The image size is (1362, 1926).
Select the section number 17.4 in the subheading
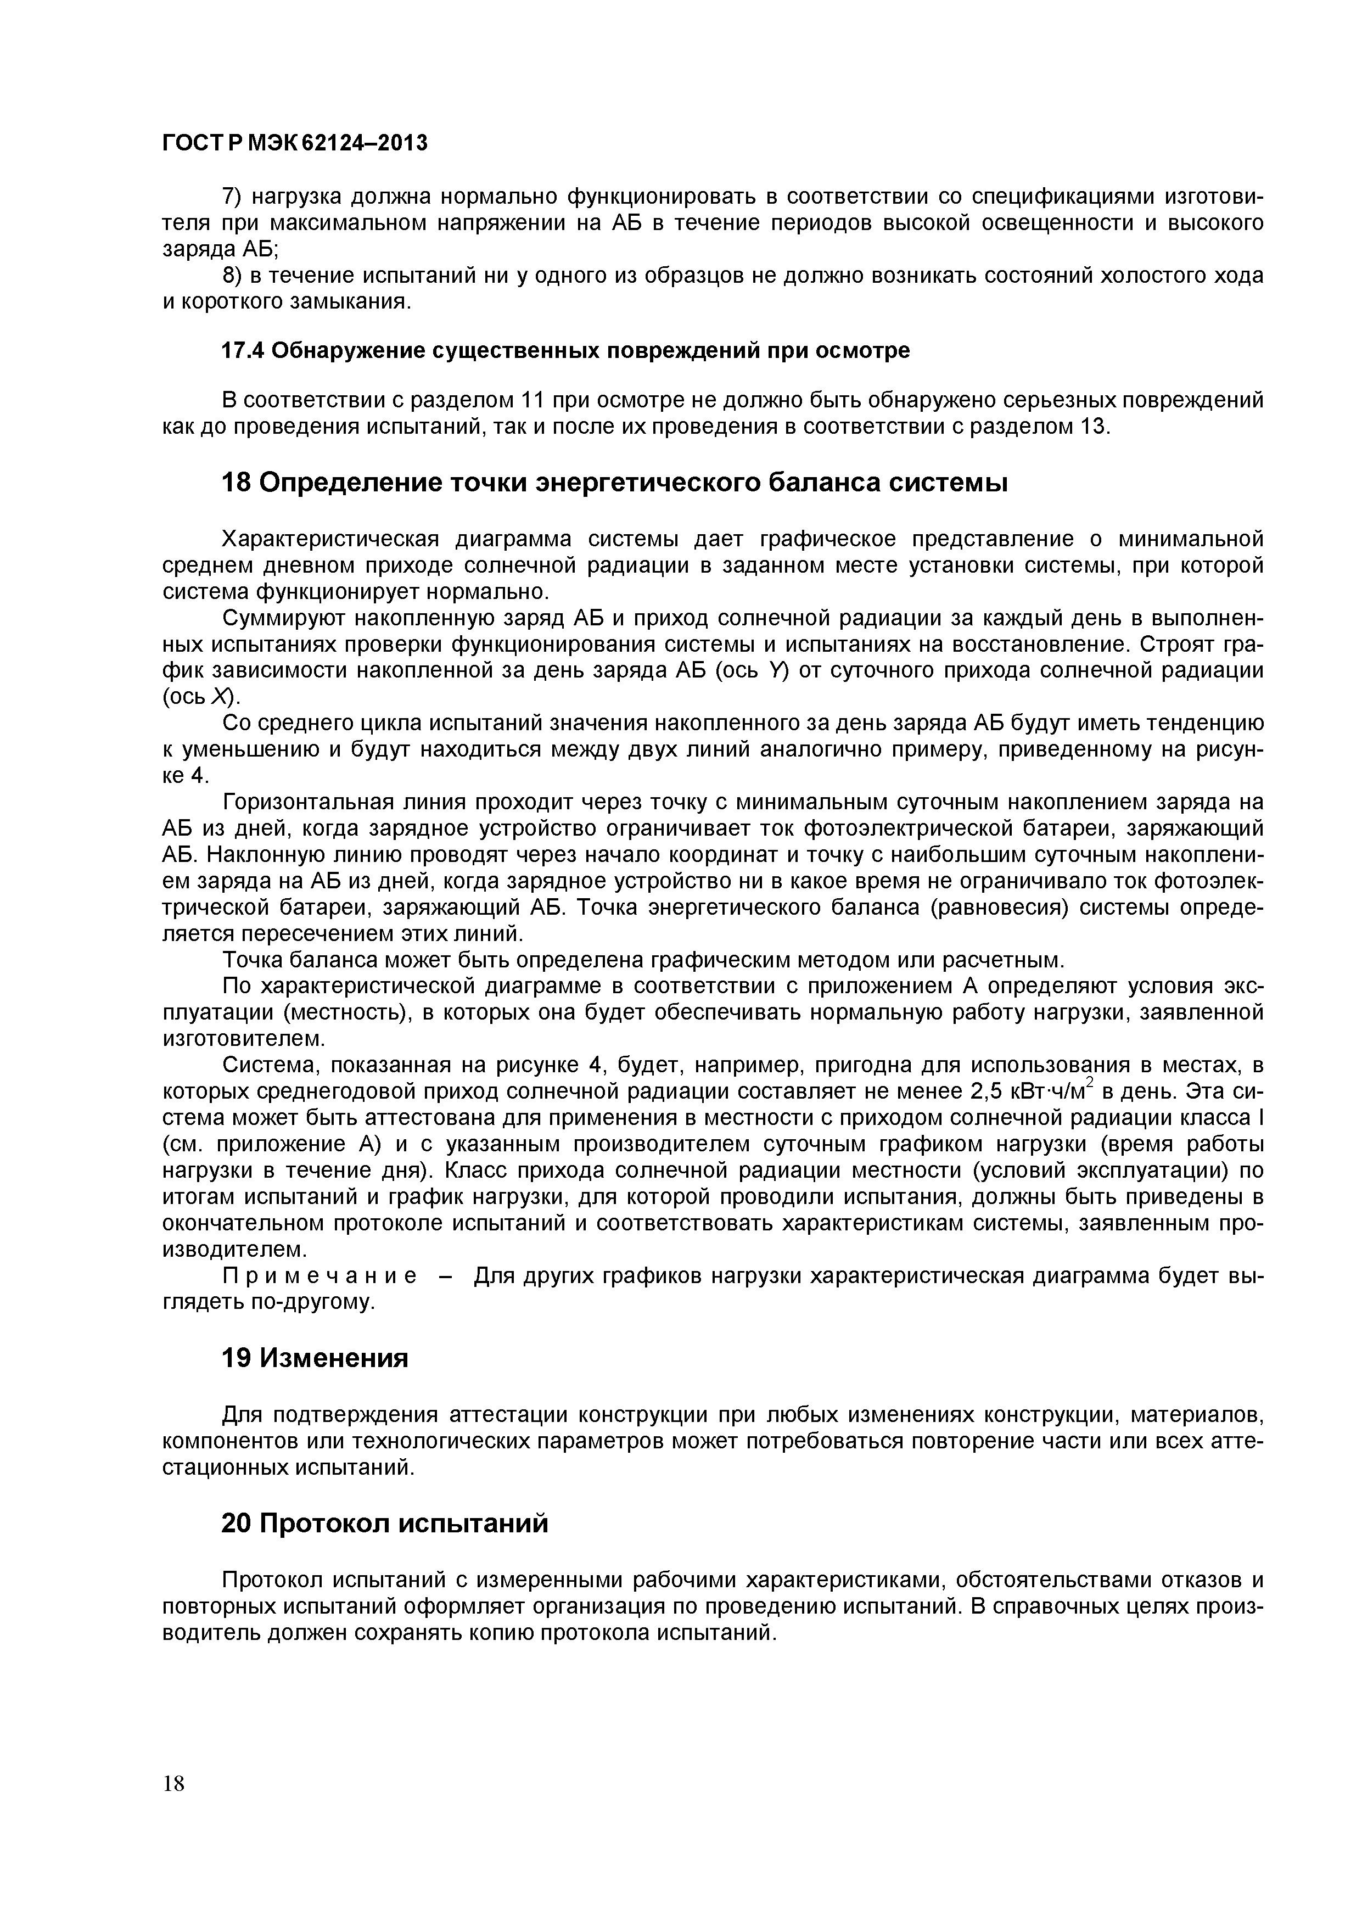(x=243, y=351)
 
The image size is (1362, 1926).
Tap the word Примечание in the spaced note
(x=320, y=1276)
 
